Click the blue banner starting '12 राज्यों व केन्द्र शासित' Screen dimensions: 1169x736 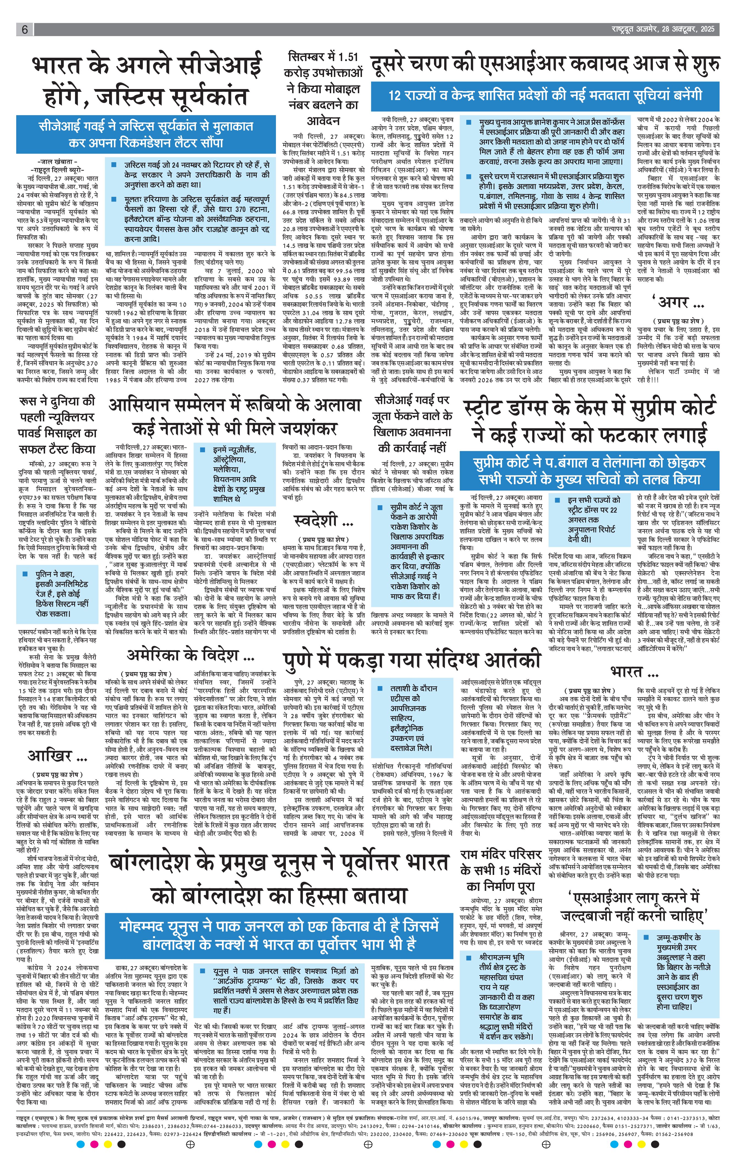545,96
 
